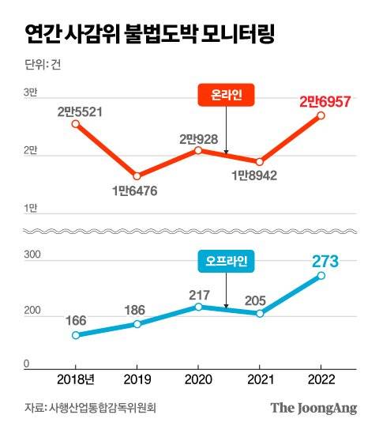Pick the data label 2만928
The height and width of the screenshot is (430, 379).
198,138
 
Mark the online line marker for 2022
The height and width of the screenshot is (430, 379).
321,115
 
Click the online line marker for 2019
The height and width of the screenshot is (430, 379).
137,176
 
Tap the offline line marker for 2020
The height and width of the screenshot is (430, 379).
198,307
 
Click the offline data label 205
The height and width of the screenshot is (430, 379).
260,299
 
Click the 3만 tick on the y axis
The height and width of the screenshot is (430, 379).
31,93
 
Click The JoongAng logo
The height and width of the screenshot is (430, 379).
314,408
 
